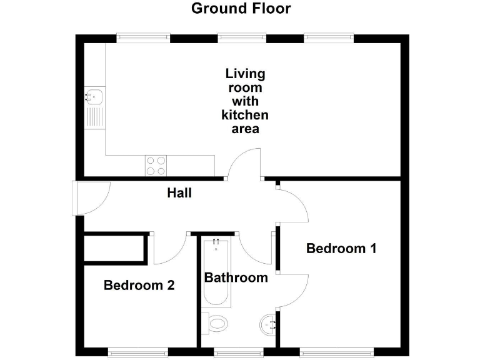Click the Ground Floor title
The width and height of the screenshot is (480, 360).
[x=241, y=9]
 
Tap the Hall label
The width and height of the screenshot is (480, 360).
[x=179, y=194]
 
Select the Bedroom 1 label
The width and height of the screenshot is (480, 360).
[x=341, y=249]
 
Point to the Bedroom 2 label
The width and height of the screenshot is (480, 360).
[x=139, y=286]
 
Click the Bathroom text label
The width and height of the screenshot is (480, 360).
[x=236, y=277]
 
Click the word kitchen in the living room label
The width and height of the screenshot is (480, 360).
[x=245, y=115]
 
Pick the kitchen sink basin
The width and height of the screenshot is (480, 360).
[x=95, y=97]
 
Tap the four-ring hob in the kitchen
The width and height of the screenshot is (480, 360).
[x=156, y=165]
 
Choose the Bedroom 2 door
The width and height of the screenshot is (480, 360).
[x=170, y=249]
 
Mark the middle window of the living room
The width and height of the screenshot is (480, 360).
[x=242, y=38]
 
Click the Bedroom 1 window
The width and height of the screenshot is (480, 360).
[x=337, y=351]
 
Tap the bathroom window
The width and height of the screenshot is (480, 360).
[x=238, y=351]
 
